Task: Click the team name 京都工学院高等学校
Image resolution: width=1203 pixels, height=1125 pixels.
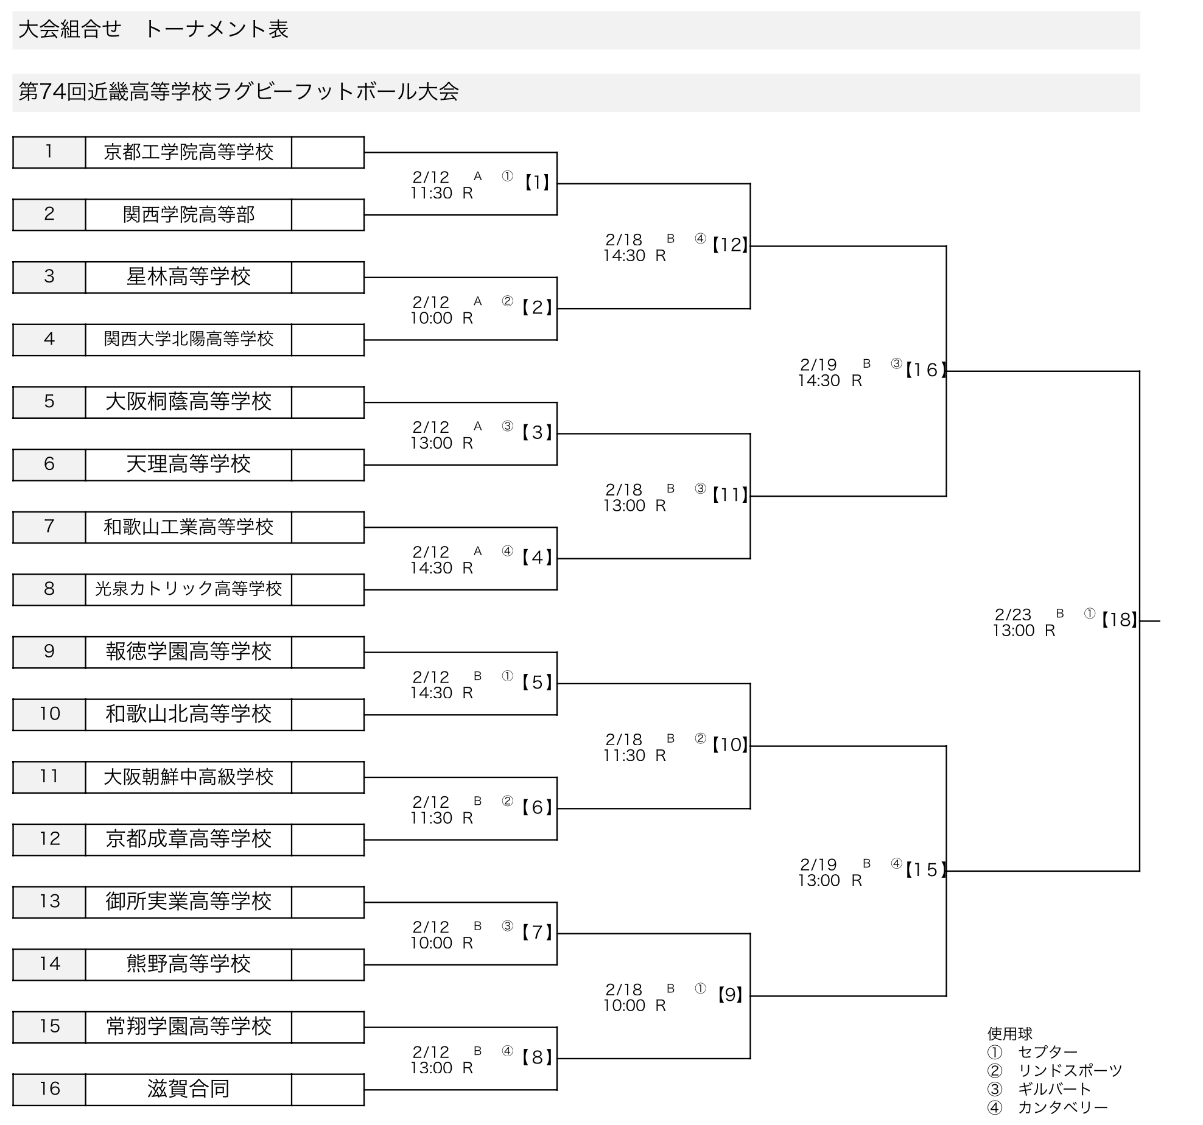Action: point(188,152)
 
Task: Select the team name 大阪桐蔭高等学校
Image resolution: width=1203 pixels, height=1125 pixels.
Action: point(188,402)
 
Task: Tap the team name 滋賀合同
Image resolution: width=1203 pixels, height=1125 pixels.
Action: point(188,1088)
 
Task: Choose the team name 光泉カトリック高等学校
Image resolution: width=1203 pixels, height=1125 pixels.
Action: point(188,589)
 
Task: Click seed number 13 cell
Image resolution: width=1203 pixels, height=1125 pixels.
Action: point(49,902)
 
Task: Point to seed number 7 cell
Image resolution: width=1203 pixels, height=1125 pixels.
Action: point(49,527)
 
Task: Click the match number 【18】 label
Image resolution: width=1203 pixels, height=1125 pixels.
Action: point(1119,620)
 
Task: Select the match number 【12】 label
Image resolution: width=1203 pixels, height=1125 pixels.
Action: point(730,245)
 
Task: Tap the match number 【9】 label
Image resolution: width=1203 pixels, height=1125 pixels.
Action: point(730,995)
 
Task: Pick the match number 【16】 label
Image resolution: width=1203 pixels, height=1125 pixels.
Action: point(925,370)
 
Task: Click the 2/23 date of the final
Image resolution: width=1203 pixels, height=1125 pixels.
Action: point(1012,615)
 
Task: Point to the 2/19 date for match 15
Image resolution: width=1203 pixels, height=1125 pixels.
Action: point(818,865)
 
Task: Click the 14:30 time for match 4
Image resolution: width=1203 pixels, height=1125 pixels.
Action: point(431,568)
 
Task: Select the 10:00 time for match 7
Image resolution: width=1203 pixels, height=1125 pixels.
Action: point(431,943)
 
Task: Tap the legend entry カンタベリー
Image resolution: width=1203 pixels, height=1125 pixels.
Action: point(1062,1107)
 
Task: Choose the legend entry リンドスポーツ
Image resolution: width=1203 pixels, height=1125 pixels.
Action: point(1070,1070)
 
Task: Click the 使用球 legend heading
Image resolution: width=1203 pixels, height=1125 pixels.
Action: point(1010,1034)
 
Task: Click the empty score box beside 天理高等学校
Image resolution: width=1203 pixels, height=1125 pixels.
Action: point(328,464)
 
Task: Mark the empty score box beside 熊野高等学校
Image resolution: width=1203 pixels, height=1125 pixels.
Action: point(328,964)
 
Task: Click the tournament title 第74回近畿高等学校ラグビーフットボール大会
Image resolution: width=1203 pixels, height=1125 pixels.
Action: point(239,93)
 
